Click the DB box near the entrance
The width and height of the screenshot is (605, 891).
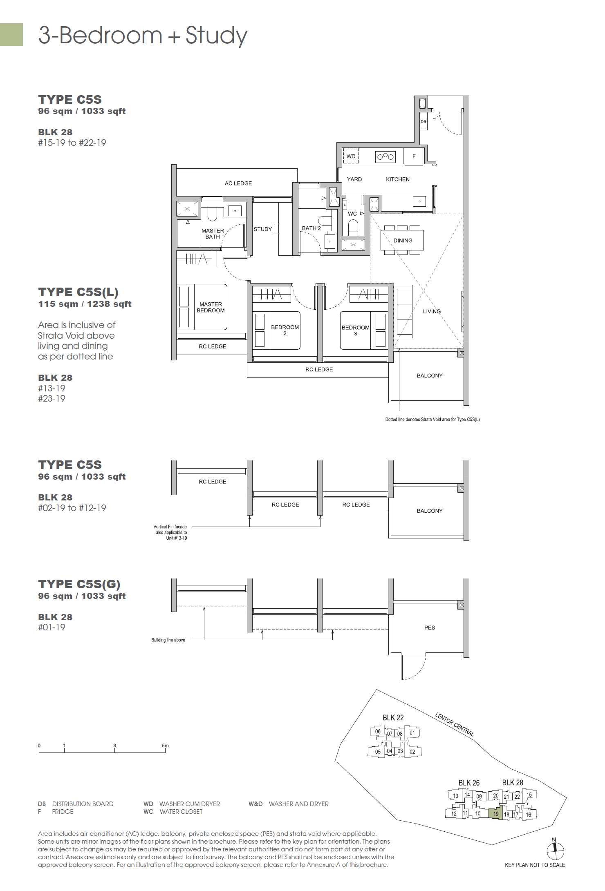coord(423,121)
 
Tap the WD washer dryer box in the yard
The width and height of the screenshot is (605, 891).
coord(351,156)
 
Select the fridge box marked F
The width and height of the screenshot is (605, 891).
coord(414,156)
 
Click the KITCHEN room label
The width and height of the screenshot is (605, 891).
coord(397,179)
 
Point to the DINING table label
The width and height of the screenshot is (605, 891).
coord(403,241)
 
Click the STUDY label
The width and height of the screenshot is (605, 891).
coord(262,229)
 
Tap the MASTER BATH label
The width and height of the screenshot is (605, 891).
coord(213,234)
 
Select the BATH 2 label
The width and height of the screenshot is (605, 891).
coord(311,228)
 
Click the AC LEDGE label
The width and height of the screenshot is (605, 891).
coord(238,183)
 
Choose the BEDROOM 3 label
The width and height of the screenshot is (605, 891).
coord(355,330)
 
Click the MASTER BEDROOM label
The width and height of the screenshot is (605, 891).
coord(211,307)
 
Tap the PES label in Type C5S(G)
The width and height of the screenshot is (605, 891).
coord(429,627)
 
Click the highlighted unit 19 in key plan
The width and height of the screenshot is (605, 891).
coord(495,813)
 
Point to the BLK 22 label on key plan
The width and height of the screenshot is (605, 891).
coord(393,718)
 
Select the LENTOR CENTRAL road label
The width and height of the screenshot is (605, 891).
coord(454,724)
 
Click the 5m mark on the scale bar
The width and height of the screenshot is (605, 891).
coord(165,746)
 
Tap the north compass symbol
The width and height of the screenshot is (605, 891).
coord(555,851)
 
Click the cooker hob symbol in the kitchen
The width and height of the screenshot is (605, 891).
coord(385,156)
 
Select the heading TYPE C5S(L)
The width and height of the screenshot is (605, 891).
coord(78,292)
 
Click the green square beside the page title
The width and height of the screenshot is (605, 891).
coord(11,34)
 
